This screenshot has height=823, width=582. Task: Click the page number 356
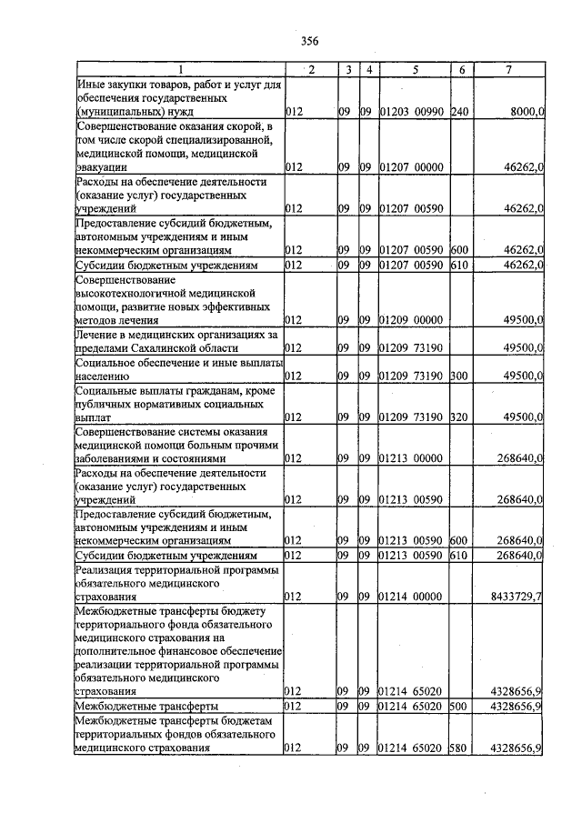[x=309, y=40]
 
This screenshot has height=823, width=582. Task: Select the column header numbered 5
[x=415, y=71]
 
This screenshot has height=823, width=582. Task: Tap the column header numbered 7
[x=510, y=71]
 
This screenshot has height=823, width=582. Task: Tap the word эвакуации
[x=107, y=167]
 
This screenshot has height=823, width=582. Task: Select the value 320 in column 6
[x=459, y=417]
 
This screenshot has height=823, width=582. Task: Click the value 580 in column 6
[x=459, y=748]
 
